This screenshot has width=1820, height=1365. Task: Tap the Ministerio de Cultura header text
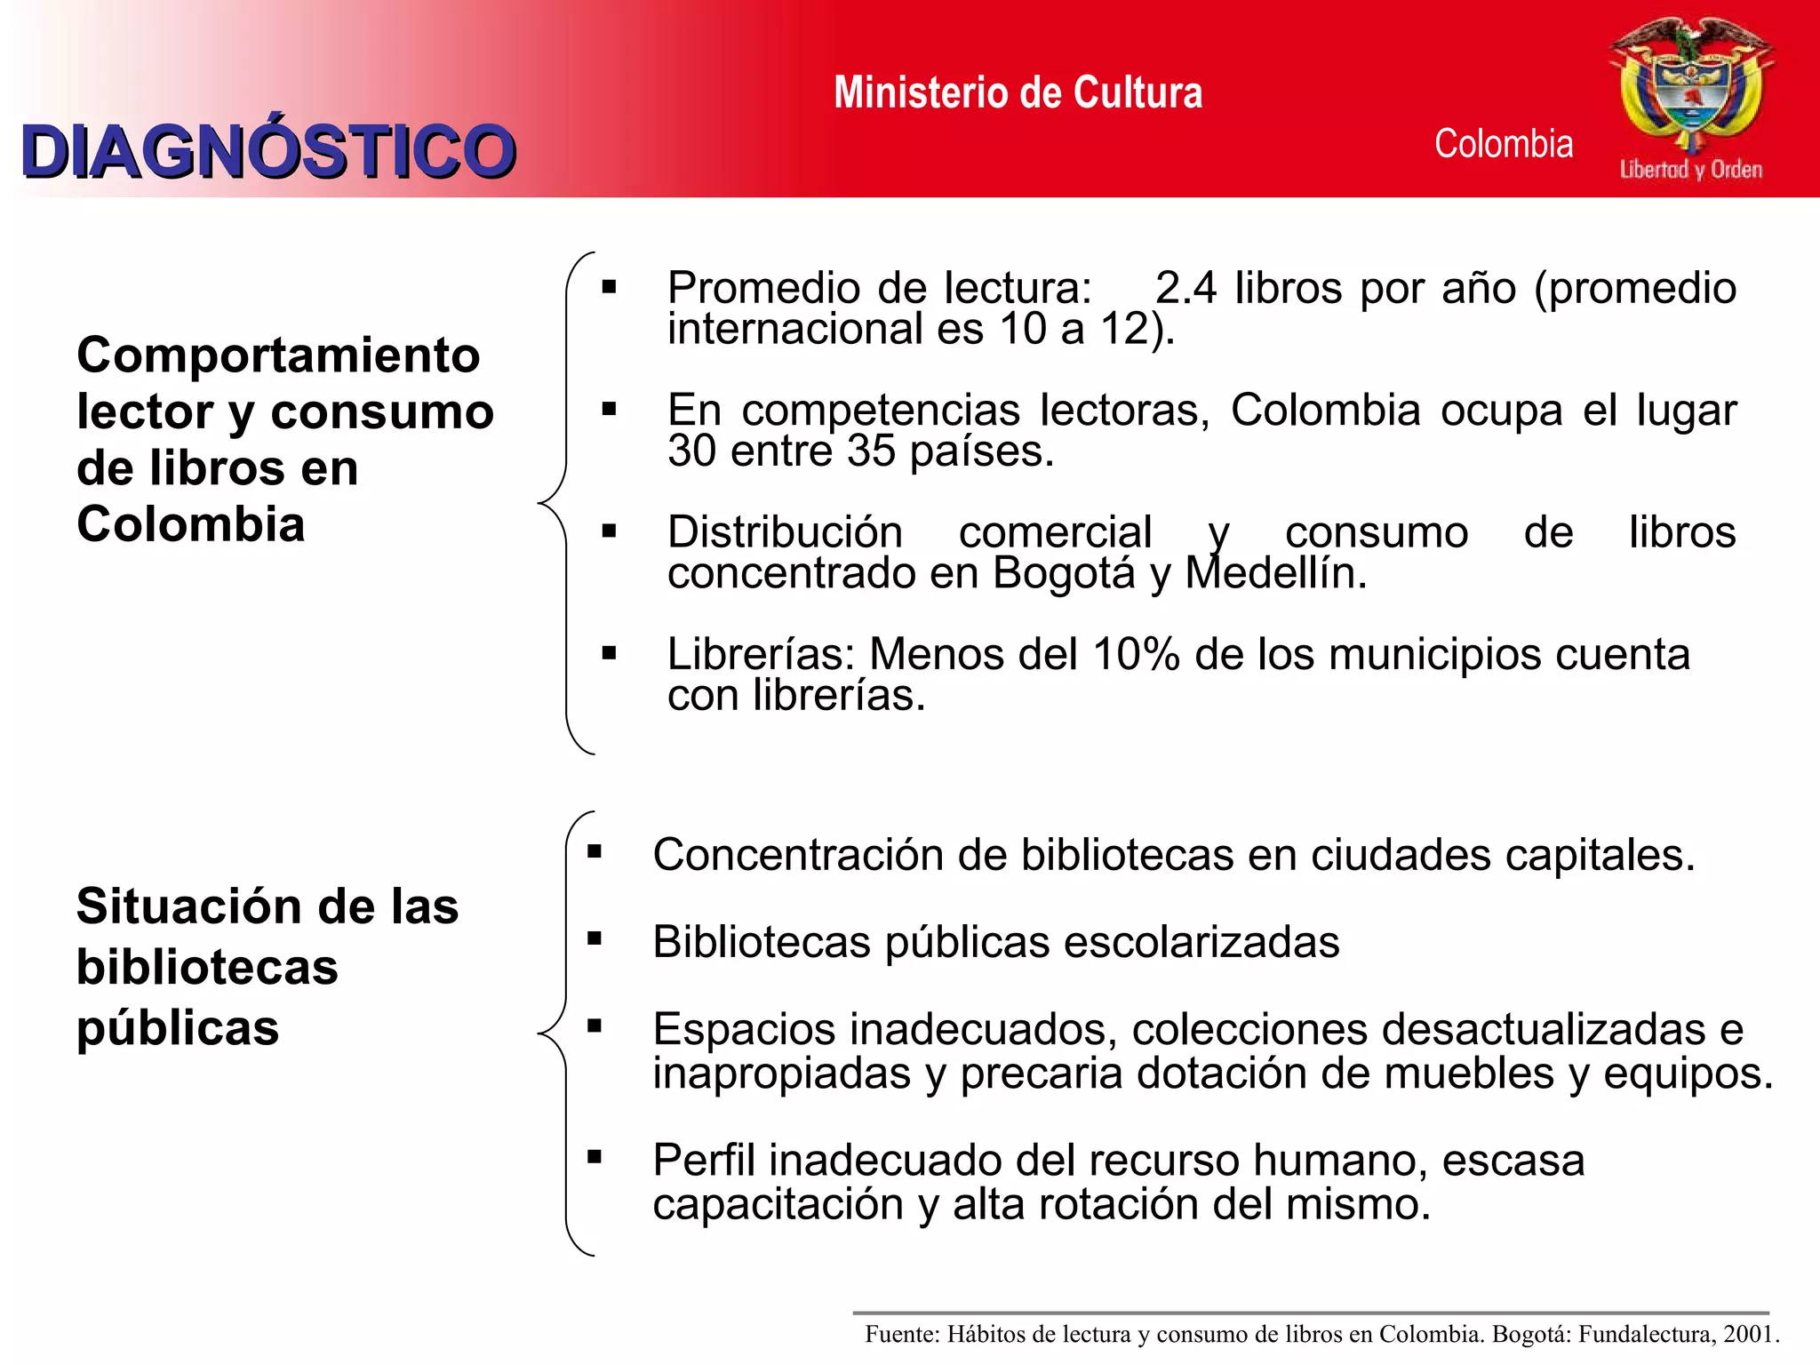(x=1018, y=93)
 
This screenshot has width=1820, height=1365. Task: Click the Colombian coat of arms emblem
(x=1690, y=84)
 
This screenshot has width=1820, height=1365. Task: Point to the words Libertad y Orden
(x=1690, y=169)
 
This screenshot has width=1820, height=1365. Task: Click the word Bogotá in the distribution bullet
(x=1064, y=573)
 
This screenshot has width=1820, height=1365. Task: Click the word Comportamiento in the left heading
(x=278, y=355)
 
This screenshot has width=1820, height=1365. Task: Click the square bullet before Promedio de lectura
(x=609, y=287)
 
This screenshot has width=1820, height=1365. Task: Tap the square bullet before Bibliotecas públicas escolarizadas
(x=595, y=938)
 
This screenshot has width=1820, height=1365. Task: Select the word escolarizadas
(x=1201, y=942)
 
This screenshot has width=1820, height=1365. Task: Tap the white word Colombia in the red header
(x=1504, y=144)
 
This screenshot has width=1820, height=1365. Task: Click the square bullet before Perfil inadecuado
(x=595, y=1157)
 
